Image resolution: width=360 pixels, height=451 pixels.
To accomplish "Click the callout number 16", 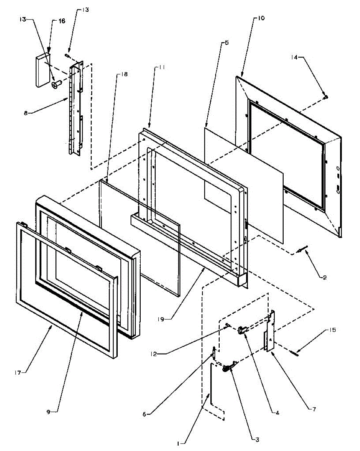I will (62, 21).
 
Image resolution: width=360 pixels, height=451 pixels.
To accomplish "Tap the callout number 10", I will (261, 18).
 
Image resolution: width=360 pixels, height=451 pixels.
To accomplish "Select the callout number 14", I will (294, 57).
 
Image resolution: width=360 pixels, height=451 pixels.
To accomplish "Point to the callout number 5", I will (226, 43).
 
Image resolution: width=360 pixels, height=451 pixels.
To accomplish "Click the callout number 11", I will (161, 67).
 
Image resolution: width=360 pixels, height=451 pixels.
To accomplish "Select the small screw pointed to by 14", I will (326, 97).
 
